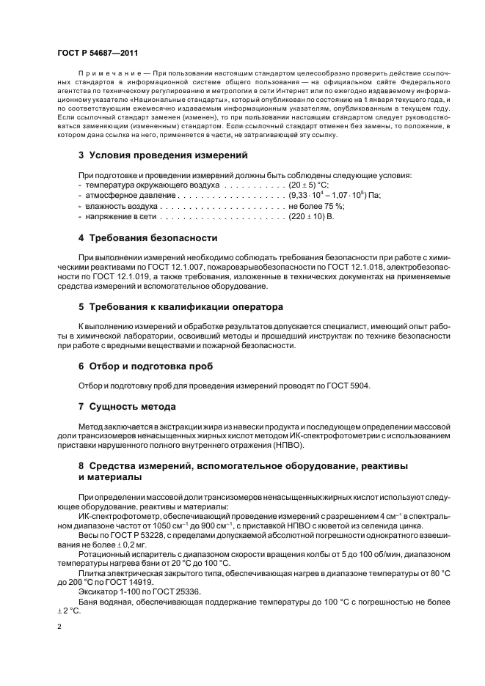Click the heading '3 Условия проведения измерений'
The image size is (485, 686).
coord(162,155)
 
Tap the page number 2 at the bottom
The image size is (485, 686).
coord(59,627)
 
